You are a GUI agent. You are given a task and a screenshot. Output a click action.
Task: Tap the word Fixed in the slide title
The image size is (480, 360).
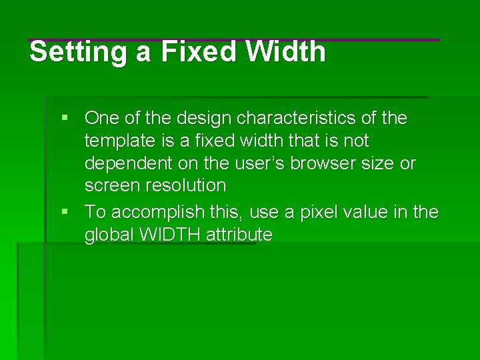[198, 52]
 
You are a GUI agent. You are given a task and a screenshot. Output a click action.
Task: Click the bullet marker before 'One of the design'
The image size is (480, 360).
[65, 119]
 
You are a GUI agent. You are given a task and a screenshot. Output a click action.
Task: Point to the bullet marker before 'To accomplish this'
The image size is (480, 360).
[65, 213]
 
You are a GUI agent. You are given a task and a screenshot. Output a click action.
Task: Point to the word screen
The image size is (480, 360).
[109, 186]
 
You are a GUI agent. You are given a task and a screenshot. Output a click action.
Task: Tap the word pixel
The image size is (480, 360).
[319, 212]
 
